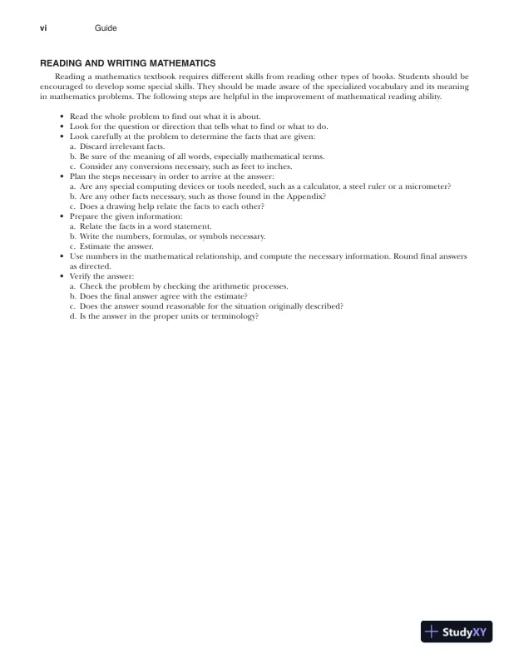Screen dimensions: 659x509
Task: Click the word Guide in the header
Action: tap(106, 28)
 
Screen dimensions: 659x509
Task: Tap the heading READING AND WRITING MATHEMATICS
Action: tap(129, 62)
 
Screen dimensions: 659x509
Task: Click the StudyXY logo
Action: tap(457, 632)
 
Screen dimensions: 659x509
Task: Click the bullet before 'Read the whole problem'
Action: tap(62, 116)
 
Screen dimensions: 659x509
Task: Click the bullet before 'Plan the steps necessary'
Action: tap(62, 176)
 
